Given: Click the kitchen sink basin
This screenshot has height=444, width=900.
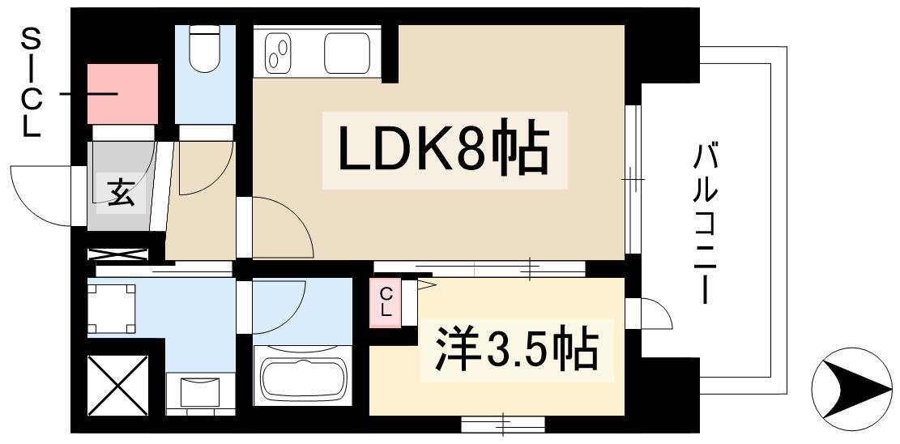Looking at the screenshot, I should [348, 52].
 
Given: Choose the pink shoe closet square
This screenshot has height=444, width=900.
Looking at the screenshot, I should [122, 93].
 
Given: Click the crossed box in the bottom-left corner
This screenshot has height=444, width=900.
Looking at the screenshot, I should [117, 384].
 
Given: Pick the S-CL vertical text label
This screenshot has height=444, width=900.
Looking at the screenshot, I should [30, 81].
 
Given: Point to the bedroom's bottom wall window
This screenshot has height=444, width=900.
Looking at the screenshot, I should [502, 423].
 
